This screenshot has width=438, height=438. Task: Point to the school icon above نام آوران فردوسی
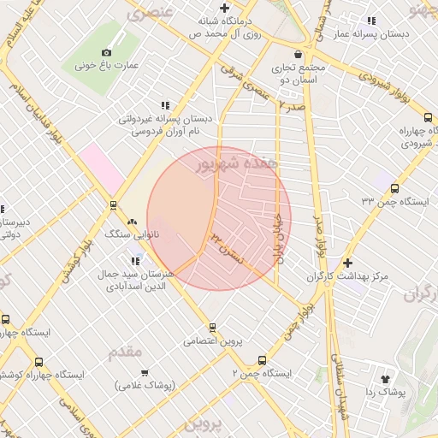tap(164, 105)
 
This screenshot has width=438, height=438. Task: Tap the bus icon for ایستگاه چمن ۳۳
tap(394, 187)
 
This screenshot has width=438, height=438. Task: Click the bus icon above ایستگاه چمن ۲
tap(262, 360)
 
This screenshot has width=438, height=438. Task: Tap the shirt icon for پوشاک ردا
tap(384, 377)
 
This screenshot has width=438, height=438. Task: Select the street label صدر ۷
tap(292, 105)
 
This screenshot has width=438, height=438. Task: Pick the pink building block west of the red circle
tap(101, 169)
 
